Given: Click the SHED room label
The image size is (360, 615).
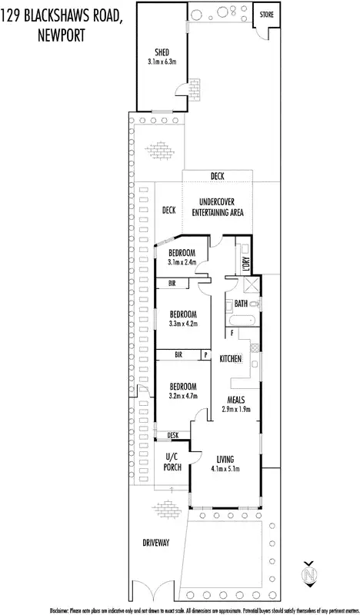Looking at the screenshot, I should (x=162, y=53).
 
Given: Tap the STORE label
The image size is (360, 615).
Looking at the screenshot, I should (x=267, y=15).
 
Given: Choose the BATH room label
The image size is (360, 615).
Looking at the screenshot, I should (x=242, y=304).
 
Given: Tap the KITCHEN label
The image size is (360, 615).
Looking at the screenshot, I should (x=231, y=359).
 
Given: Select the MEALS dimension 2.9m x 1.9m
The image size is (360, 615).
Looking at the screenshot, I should (x=237, y=410).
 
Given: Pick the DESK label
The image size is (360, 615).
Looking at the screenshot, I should (x=173, y=436).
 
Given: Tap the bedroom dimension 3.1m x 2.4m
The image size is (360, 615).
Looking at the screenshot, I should (x=183, y=262).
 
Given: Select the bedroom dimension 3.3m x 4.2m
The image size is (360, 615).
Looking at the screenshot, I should (x=183, y=324).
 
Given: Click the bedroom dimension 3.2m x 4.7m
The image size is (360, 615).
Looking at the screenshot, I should (x=183, y=397).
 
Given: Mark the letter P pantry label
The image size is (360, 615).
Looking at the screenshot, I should (x=205, y=354).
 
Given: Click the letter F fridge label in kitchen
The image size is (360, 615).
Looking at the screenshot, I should (x=232, y=332).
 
